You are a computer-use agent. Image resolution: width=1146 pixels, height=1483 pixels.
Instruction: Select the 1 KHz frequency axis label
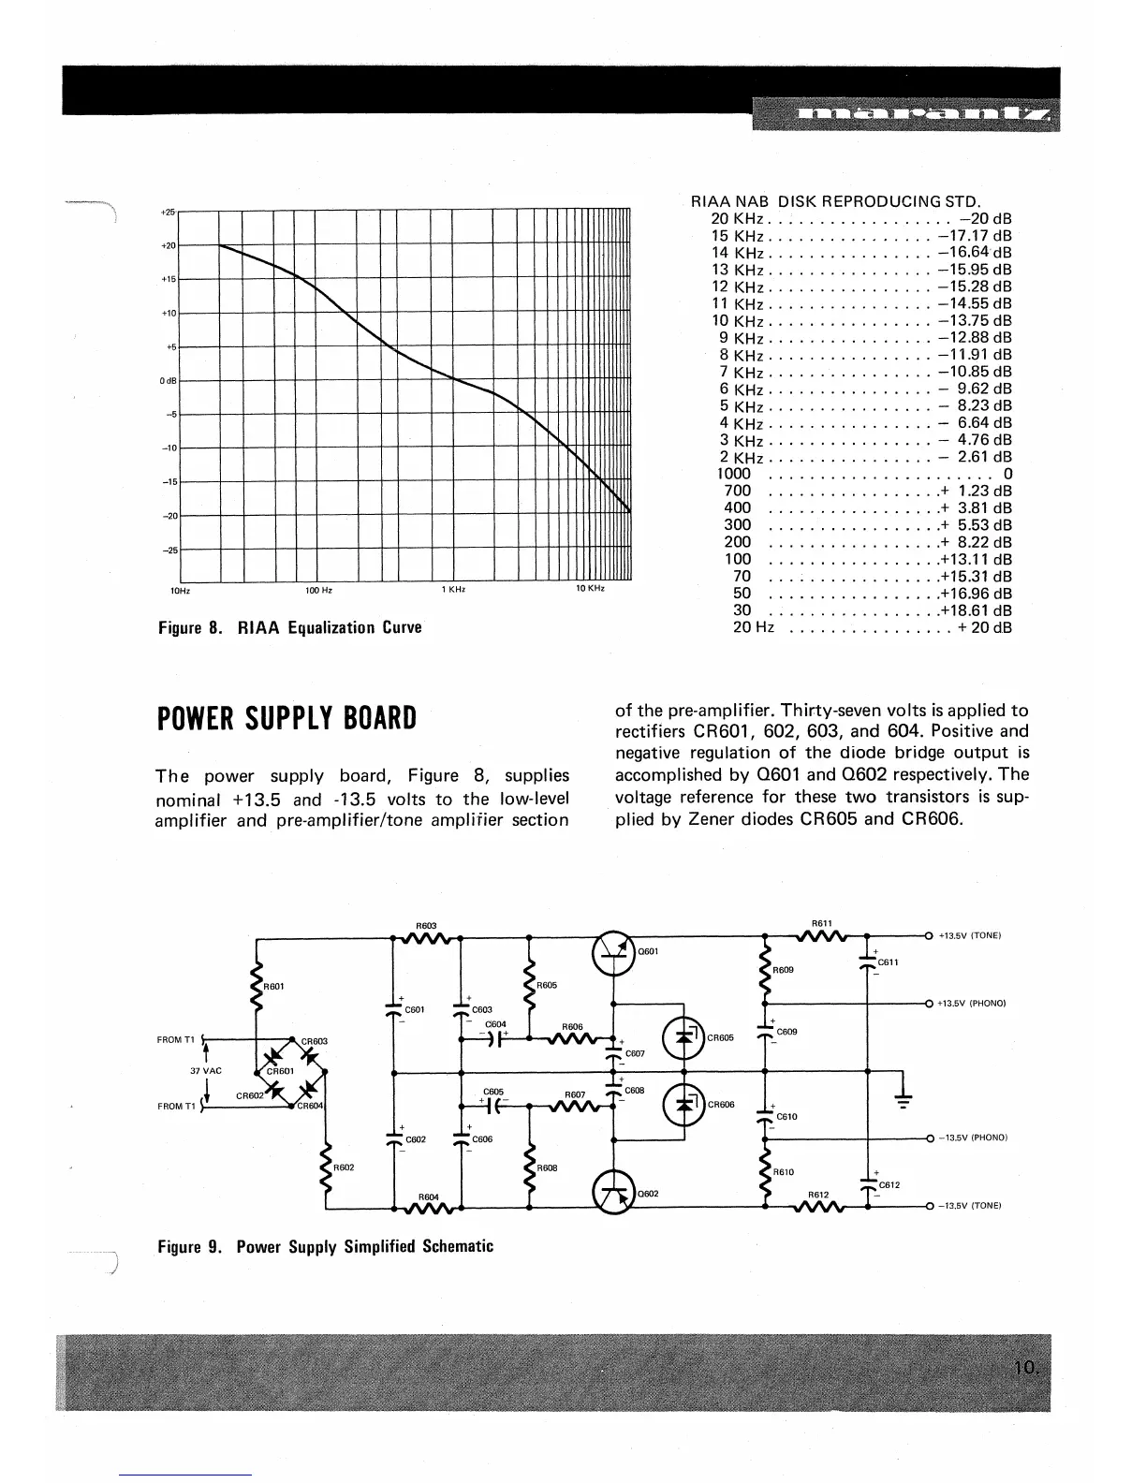coord(454,590)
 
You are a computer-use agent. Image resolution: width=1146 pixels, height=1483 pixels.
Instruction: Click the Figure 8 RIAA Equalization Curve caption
coord(289,627)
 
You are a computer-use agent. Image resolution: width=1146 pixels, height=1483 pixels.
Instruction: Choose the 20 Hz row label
coord(753,627)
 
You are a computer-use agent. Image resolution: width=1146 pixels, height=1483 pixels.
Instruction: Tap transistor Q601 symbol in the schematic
coord(612,952)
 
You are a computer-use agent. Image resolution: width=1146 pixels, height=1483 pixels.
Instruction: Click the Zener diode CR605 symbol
coord(684,1037)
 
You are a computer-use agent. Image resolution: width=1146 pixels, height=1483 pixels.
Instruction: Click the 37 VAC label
coord(206,1071)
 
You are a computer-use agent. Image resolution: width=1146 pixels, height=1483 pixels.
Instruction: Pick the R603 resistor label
coord(426,926)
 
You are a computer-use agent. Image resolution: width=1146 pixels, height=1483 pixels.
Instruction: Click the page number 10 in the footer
coord(1026,1369)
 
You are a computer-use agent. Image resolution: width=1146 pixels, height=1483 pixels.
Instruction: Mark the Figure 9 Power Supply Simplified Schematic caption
coord(325,1247)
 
